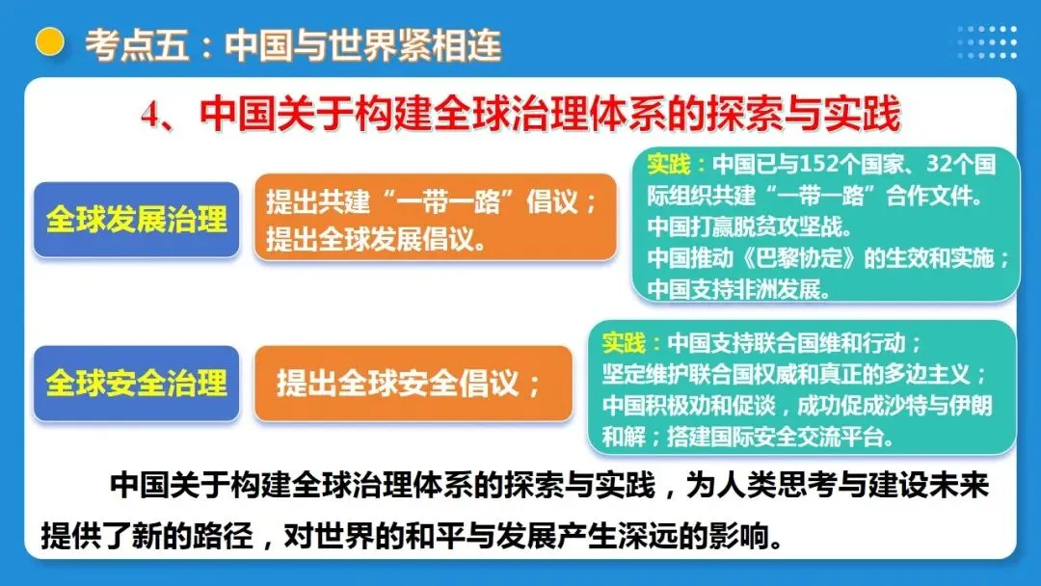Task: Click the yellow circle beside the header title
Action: pos(49,41)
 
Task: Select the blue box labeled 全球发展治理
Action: pos(136,219)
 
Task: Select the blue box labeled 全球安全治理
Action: pos(136,383)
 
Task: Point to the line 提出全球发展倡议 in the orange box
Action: pos(376,237)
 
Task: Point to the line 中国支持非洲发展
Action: pos(737,288)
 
